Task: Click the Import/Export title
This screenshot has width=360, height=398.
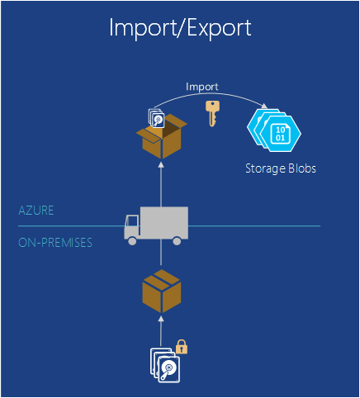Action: pos(180,28)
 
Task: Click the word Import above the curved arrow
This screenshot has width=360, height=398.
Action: pos(202,87)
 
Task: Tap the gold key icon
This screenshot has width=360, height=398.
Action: pos(212,113)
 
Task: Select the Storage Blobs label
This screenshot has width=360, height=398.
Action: pos(281,168)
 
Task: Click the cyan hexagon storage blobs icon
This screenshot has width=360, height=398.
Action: pos(274,130)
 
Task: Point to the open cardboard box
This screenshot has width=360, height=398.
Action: pos(162,136)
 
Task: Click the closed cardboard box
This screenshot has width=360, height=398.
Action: pos(162,291)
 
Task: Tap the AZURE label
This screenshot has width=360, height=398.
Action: pos(36,211)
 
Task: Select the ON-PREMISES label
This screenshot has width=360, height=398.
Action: pos(55,243)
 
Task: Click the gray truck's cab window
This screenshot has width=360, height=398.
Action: pos(133,221)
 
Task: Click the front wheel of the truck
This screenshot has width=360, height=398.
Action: pos(132,241)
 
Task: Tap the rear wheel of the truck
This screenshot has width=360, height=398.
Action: pos(177,241)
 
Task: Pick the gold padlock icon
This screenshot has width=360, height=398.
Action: pos(182,347)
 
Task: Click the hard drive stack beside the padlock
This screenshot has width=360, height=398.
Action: pos(165,365)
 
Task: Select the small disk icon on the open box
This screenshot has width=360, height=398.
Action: pos(156,118)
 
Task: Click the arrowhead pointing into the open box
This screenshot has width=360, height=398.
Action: pos(161,164)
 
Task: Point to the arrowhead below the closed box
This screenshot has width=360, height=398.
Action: pos(161,319)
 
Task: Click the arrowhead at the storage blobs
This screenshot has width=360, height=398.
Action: pos(264,106)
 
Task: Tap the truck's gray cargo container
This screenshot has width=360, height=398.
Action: pos(164,222)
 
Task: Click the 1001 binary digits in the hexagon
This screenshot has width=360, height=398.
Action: pos(280,134)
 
